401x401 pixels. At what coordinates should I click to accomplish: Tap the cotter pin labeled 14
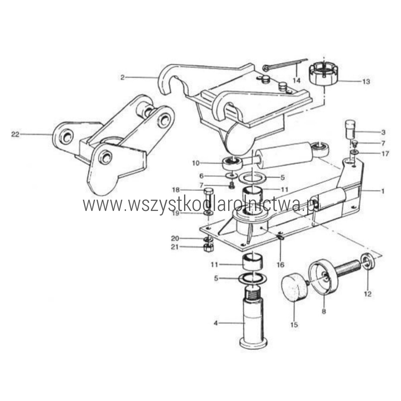coord(284,64)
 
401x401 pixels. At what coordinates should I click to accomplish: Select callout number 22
coord(15,134)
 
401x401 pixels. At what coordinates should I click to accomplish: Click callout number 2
coord(123,77)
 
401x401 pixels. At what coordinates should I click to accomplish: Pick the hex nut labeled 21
coord(209,247)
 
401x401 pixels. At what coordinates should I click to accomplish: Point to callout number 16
coord(281,265)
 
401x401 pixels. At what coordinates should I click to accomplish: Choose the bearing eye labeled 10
coord(232,163)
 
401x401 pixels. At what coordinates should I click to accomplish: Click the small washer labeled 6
coord(232,176)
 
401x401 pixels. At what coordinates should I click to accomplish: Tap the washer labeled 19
coord(209,213)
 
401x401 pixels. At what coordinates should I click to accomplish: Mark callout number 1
coord(383,191)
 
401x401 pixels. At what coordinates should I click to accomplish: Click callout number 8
coord(324,312)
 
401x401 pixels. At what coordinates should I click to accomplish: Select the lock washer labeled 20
coord(209,239)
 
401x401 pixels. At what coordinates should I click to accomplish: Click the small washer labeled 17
coord(354,153)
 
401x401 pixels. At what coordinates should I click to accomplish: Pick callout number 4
coord(216,323)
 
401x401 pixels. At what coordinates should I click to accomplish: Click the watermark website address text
coord(201,205)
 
